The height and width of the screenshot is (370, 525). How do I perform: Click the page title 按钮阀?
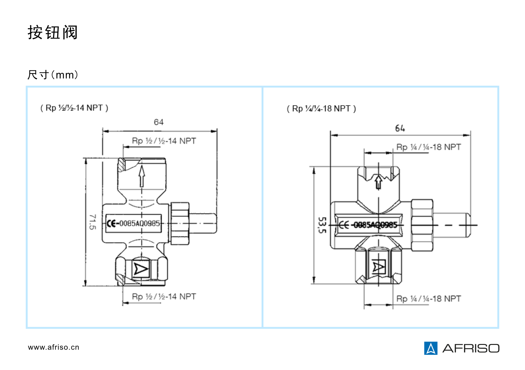tap(52, 32)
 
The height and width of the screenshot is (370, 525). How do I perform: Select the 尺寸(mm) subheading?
tap(53, 75)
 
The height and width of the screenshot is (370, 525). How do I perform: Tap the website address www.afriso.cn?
tap(53, 347)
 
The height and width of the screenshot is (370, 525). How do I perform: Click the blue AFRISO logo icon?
tap(430, 348)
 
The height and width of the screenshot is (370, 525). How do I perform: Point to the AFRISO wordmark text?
tap(471, 348)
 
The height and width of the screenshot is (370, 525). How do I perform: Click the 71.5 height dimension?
tap(93, 222)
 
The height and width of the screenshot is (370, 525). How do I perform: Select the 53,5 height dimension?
tap(322, 225)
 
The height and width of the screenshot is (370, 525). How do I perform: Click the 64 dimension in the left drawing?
tap(159, 122)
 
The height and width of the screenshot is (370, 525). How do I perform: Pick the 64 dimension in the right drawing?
tap(400, 128)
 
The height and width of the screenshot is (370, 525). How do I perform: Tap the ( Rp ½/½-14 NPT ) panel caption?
tap(74, 108)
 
